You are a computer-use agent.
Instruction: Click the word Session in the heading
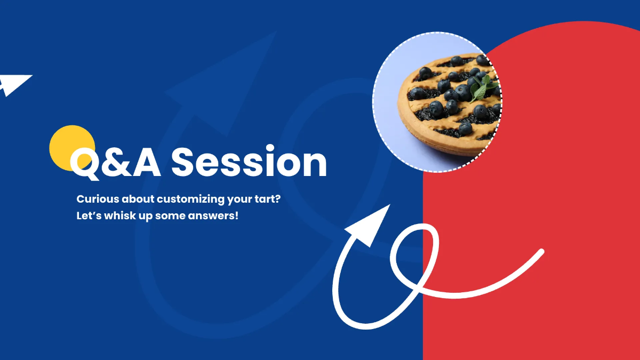[x=249, y=162]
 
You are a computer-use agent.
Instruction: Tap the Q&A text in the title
[x=115, y=163]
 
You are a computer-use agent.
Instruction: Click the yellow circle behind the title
[x=72, y=148]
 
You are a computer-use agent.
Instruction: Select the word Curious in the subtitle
[x=98, y=199]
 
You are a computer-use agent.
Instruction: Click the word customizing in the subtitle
[x=190, y=199]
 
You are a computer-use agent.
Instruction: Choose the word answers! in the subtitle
[x=213, y=215]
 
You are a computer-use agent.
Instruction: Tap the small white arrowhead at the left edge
[x=14, y=85]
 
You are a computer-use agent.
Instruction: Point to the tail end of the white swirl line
[x=541, y=251]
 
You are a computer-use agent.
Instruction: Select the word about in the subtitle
[x=138, y=199]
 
